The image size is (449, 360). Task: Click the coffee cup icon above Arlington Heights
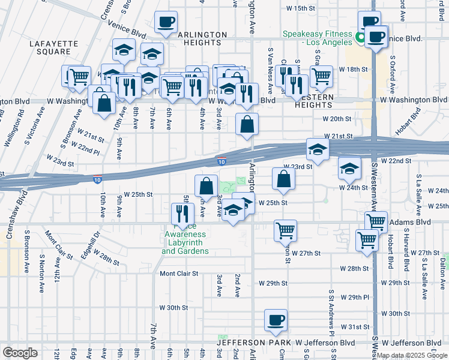(x=166, y=23)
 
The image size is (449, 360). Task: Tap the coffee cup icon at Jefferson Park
(x=276, y=321)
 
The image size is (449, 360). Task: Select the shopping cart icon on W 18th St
(x=322, y=76)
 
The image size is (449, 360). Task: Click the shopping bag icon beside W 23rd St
(x=284, y=179)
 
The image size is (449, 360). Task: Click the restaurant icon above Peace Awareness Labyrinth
(x=182, y=214)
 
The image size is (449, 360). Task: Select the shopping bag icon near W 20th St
(x=247, y=125)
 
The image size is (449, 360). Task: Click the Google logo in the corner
(x=20, y=353)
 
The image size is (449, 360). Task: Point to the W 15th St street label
(x=301, y=8)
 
